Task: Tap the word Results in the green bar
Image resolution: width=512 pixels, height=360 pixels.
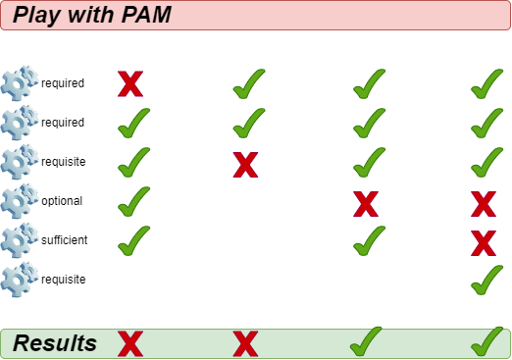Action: coord(55,343)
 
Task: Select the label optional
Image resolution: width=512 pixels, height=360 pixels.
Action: coord(62,201)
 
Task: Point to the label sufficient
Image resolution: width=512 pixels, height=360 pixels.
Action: coord(64,240)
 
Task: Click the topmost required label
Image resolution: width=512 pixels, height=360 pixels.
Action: coord(63,83)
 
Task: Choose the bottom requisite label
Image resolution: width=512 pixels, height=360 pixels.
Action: coord(63,280)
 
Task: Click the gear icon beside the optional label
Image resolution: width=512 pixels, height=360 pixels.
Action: coord(20,201)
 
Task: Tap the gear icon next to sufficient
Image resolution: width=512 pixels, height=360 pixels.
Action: coord(20,240)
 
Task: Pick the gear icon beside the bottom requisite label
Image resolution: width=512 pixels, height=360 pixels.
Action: coord(20,280)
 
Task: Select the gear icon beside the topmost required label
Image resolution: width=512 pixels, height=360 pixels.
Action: coord(20,83)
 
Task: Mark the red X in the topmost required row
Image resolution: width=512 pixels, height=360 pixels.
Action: coord(130,84)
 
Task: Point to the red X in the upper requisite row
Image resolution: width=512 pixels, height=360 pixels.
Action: coord(245,164)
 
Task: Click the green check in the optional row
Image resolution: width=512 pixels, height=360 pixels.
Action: coord(133,201)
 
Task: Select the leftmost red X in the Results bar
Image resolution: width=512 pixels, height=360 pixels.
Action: coord(130,343)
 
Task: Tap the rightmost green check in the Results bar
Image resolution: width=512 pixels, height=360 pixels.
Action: coord(486,341)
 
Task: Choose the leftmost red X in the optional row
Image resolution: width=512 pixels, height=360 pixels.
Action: coord(366,204)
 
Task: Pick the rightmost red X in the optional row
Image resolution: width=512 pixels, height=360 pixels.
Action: coord(483,204)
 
